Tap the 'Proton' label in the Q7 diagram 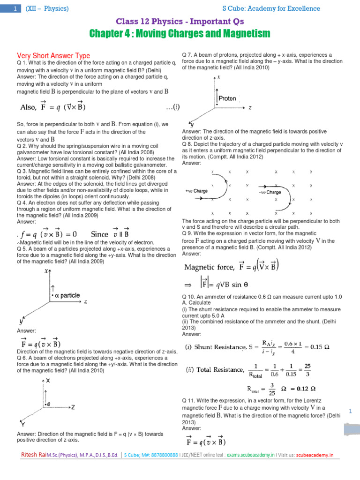[x=228, y=99]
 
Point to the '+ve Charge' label [x=196, y=191]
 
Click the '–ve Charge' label [x=270, y=193]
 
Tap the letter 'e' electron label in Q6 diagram [x=49, y=404]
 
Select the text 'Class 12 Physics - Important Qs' [x=180, y=22]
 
